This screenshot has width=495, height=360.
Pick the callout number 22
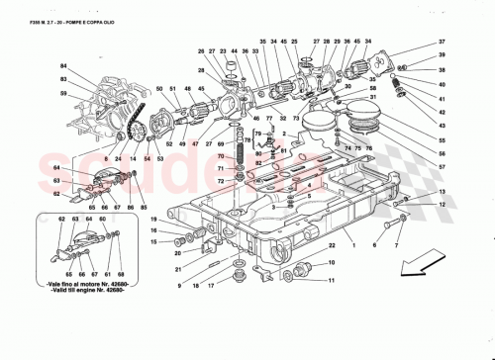click(333, 243)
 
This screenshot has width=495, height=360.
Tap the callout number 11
click(331, 282)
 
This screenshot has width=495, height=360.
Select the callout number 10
click(331, 262)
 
